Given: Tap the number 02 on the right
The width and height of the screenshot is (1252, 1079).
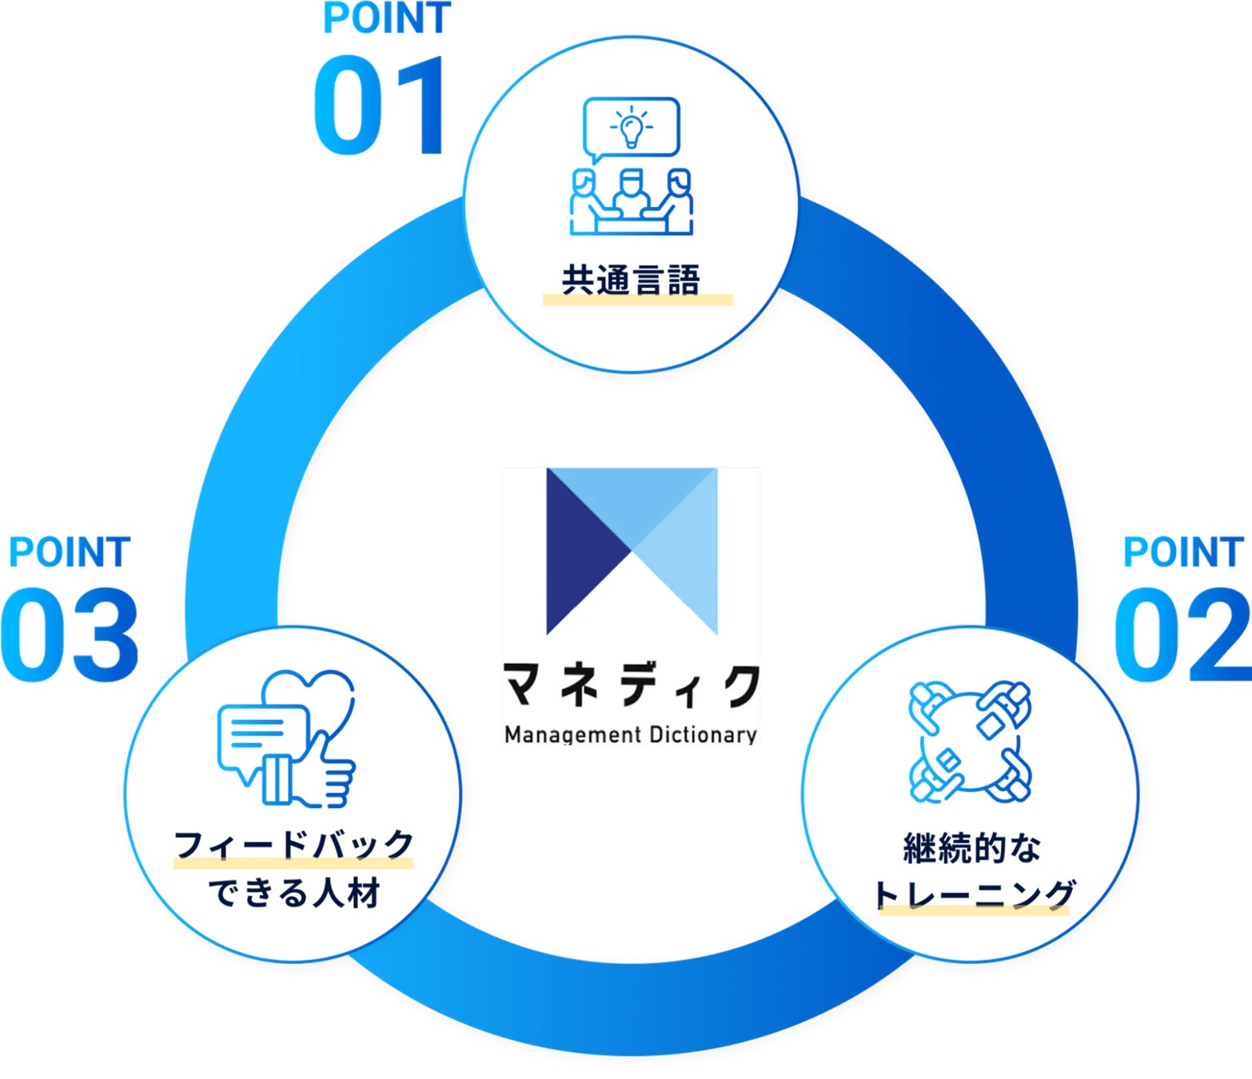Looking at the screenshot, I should pos(1182,635).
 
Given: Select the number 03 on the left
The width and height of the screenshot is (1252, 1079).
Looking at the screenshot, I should pos(70,635).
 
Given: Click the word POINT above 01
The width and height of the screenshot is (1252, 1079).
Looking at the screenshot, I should pos(387,19).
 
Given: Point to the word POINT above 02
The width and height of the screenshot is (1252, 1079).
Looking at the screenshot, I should pos(1183,552).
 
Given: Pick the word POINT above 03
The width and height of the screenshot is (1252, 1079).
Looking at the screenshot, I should pos(70,552).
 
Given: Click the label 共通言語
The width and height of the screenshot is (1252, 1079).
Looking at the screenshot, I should pos(630,281).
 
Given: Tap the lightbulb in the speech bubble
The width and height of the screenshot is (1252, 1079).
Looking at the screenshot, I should pos(632,129).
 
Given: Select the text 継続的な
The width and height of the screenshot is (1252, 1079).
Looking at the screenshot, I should pos(972,848).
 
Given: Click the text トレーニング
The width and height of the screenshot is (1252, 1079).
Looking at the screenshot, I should pos(974,894).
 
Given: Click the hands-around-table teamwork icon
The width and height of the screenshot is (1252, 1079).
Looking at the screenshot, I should pos(970,741).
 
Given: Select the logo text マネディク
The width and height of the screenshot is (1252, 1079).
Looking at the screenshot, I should pos(631,685).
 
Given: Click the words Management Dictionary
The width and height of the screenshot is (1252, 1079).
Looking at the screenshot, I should pos(631,735).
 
